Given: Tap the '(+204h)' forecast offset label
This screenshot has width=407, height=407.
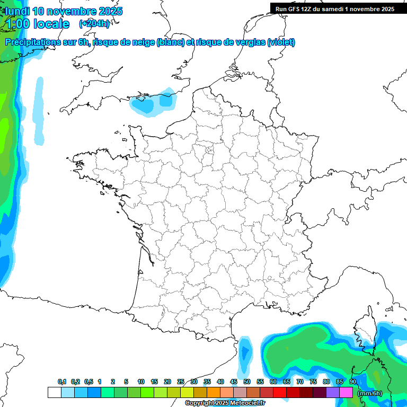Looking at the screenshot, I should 94,23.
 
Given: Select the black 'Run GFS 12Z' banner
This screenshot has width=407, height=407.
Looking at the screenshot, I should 334,8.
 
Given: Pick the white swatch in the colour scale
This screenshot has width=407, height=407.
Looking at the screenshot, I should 54,393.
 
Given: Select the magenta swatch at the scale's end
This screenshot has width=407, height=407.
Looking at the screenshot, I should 346,393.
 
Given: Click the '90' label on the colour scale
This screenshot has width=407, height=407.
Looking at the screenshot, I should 353,382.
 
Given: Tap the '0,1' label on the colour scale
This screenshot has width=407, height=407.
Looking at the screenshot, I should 62,382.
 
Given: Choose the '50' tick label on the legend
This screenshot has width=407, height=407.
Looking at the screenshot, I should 247,382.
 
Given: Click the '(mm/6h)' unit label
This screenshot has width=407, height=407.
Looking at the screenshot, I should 370,393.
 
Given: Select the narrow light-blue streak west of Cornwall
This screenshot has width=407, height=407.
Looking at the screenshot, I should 39,103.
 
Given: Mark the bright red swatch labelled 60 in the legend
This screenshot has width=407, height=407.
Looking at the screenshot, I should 280,393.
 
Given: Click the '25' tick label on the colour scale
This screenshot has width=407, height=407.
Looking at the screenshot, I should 181,382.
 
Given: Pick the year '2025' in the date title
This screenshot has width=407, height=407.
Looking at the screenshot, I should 110,11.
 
